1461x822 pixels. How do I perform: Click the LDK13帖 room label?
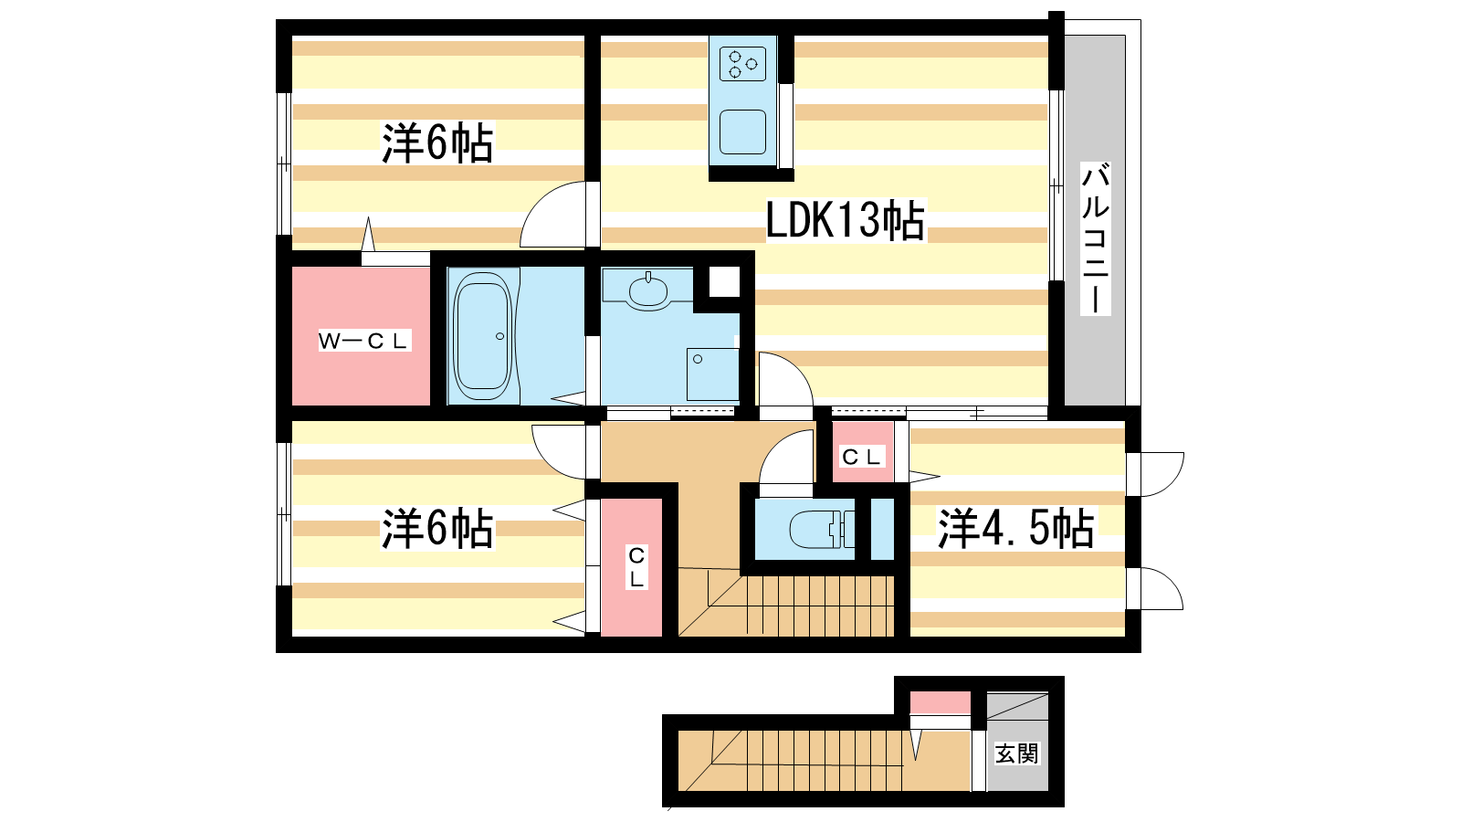[x=846, y=220]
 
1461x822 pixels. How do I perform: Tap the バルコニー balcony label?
[x=1096, y=238]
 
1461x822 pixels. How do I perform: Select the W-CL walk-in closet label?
[x=364, y=341]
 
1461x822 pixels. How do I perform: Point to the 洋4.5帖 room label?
[x=1016, y=528]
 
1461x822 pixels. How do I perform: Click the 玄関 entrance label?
[x=1017, y=753]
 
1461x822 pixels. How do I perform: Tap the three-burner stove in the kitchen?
[x=743, y=64]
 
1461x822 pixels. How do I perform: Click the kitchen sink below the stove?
[x=743, y=132]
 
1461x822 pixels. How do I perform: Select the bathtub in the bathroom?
[x=482, y=336]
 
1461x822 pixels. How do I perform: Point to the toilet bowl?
[x=815, y=529]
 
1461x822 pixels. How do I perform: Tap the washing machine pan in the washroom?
[x=713, y=374]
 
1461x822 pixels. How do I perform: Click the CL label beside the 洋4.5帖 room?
[x=862, y=457]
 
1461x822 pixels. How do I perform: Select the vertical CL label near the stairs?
[x=636, y=567]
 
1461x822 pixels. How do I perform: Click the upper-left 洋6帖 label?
[x=437, y=142]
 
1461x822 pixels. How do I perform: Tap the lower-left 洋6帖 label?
[x=437, y=528]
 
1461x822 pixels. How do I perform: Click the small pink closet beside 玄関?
[x=940, y=702]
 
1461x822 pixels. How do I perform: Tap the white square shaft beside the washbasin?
[x=724, y=282]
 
